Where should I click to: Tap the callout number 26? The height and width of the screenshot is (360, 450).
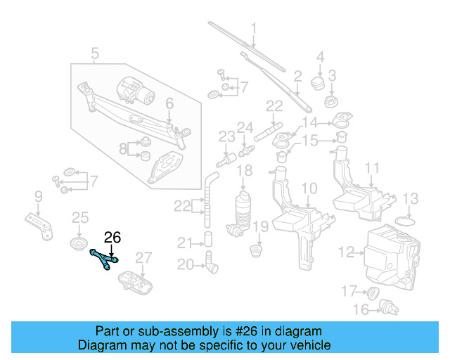pos(112,238)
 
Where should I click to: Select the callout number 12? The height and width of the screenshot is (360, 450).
pos(346,251)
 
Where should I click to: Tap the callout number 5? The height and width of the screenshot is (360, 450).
pos(95,52)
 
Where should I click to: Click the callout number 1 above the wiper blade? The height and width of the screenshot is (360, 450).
pos(254,29)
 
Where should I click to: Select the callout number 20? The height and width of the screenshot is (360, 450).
pos(185,264)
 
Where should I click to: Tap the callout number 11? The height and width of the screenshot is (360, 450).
pos(372,169)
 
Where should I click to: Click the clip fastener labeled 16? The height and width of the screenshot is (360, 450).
pos(385,307)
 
